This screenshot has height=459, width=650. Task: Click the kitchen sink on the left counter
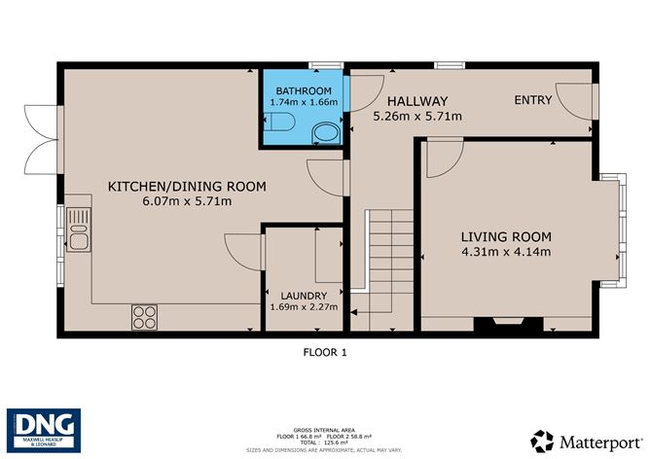[x=76, y=236]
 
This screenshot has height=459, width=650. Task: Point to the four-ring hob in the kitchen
[x=145, y=316]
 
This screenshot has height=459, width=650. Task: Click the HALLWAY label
[x=416, y=101]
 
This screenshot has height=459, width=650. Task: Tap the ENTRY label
[x=533, y=99]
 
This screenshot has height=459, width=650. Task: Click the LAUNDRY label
[x=303, y=295]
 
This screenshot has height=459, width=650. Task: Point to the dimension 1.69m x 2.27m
[x=303, y=307]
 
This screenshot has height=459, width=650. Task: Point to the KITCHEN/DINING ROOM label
[x=187, y=187]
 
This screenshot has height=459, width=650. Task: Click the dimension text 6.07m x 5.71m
[x=187, y=201]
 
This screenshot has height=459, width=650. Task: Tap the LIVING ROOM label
[x=505, y=237]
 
